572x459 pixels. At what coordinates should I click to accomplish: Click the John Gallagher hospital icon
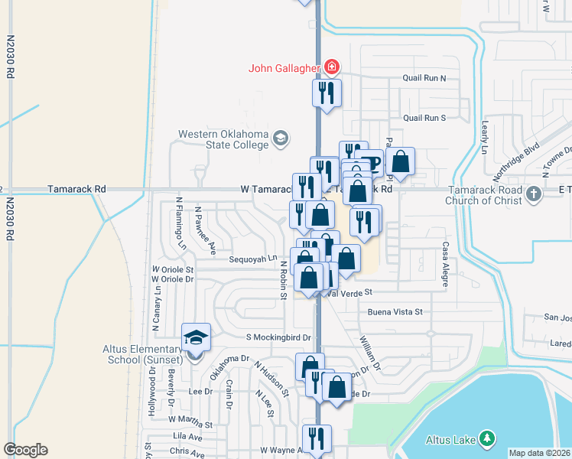332,67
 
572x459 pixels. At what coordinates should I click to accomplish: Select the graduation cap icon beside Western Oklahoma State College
281,138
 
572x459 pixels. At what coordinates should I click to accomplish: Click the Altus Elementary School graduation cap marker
195,337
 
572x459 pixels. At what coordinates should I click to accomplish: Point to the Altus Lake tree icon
485,438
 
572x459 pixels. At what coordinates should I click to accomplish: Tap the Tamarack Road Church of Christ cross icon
535,195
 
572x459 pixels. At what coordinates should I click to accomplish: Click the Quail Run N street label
424,78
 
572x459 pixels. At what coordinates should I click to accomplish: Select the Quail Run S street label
424,118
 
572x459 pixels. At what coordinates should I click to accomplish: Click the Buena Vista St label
395,312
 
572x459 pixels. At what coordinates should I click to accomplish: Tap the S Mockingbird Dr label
278,337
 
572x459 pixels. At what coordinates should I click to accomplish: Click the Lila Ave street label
188,435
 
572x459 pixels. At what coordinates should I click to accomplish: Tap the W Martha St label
191,419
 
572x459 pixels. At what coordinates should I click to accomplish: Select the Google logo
25,450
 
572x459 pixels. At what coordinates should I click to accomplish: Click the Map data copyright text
538,453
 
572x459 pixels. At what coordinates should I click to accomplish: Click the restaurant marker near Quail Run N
327,93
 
